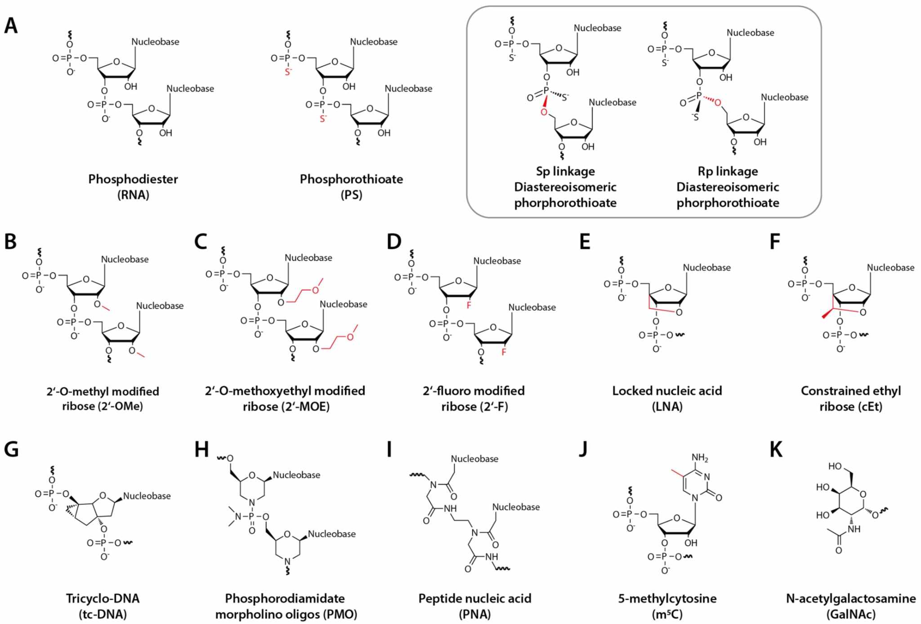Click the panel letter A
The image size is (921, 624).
coord(11,26)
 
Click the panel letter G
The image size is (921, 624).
coord(11,449)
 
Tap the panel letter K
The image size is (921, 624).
coord(776,449)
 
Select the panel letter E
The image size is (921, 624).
coord(585,242)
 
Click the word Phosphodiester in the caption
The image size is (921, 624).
coord(133,179)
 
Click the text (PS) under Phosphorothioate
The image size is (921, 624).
coord(351,195)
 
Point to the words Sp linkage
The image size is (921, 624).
coord(565,171)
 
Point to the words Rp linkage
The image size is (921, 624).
coord(728,171)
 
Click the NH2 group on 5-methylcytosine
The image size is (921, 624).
coord(699,458)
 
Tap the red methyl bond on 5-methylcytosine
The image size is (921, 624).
coord(677,472)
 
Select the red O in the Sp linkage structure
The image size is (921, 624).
coord(544,112)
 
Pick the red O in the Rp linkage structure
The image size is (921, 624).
coord(718,103)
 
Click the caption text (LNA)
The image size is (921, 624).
coord(667,406)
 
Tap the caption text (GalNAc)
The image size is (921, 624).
coord(850,614)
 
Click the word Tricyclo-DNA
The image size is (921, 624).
coord(103,598)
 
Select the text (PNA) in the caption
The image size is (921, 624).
coord(474,614)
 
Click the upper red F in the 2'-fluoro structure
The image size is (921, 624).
coord(469,306)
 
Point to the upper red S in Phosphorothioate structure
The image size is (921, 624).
coord(288,71)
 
